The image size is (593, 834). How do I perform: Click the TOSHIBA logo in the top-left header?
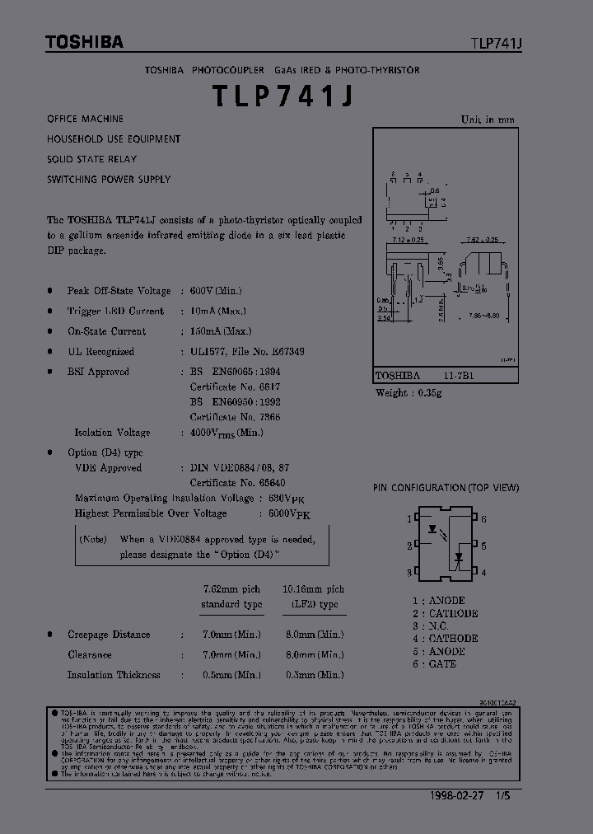coord(84,42)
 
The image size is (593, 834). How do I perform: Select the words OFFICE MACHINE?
coord(86,119)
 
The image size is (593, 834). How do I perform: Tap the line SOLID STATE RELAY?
coord(92,159)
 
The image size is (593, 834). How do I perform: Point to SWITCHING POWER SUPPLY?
coord(109,179)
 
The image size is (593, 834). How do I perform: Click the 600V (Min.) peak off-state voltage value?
coord(216,291)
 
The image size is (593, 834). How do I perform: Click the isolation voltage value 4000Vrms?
coord(226,433)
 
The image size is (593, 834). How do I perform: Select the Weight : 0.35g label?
coord(409,393)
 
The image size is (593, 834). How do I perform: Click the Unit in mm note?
coord(488,119)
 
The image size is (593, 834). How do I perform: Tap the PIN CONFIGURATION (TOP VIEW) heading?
coord(446,488)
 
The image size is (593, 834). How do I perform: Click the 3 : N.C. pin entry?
coord(430,625)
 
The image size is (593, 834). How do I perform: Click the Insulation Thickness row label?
coord(114,675)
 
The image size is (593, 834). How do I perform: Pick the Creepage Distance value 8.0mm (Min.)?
coord(313,635)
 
